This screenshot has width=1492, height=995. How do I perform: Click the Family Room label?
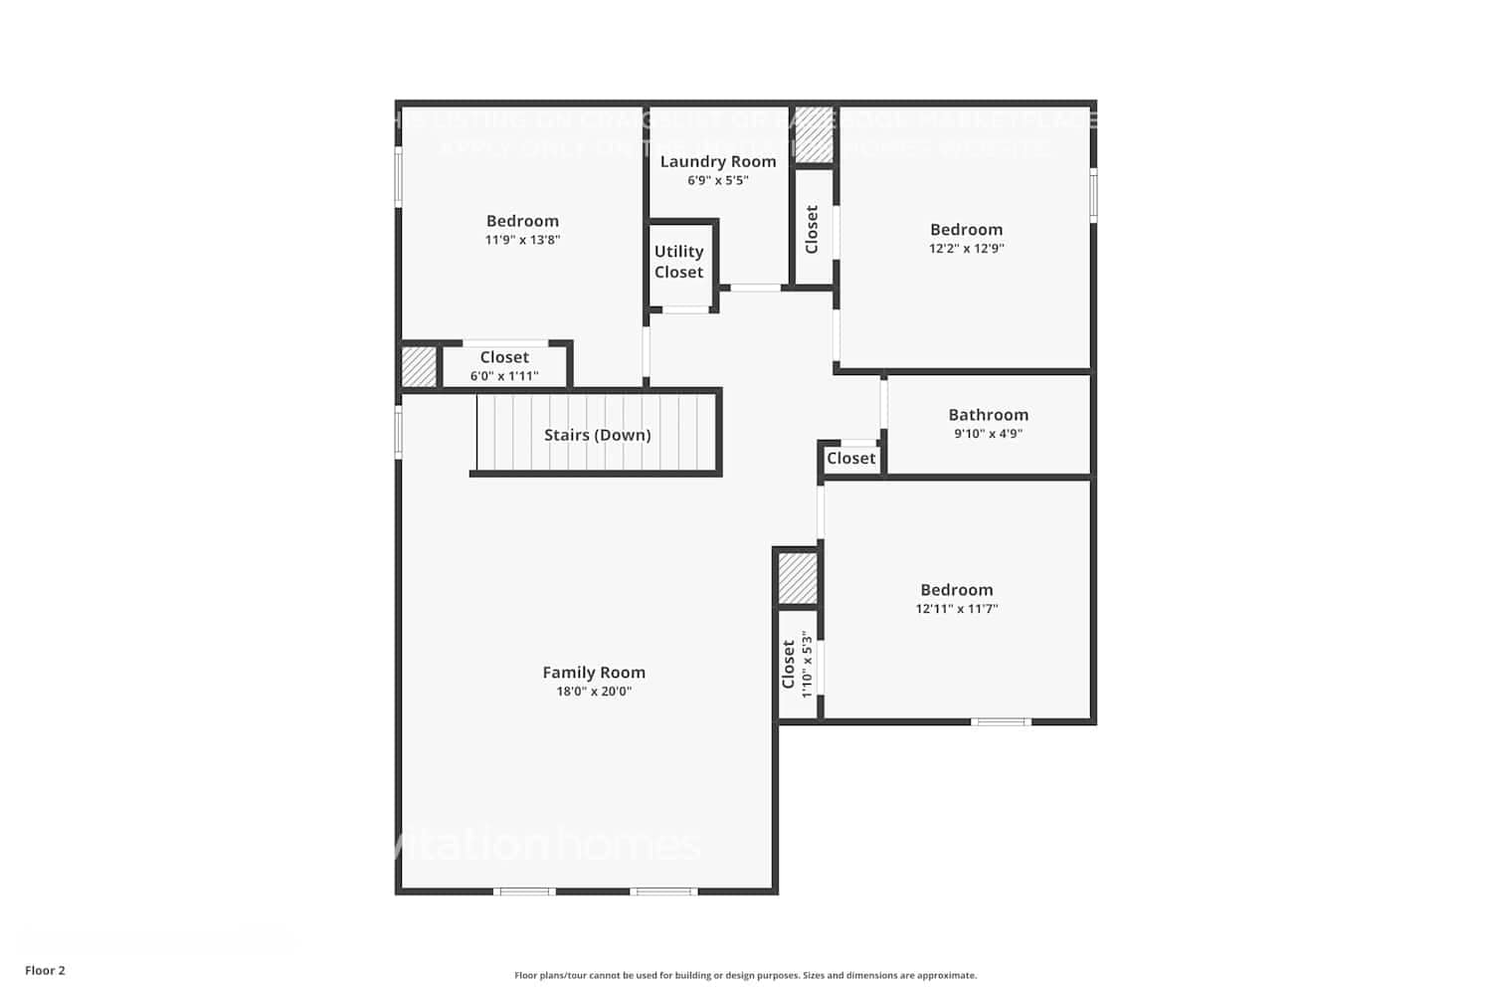pyautogui.click(x=594, y=673)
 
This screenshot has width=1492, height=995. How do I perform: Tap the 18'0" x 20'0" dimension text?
pyautogui.click(x=594, y=692)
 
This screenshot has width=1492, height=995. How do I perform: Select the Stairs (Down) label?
pyautogui.click(x=597, y=435)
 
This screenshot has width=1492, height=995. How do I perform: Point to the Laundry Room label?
pyautogui.click(x=718, y=161)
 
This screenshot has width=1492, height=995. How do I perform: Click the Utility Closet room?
pyautogui.click(x=679, y=263)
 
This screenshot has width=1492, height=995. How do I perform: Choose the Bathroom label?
pyautogui.click(x=988, y=415)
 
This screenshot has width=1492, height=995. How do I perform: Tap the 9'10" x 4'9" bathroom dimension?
pyautogui.click(x=988, y=434)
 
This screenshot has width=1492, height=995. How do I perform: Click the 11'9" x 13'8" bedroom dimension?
pyautogui.click(x=522, y=240)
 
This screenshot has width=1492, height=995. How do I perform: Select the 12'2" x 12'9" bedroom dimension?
pyautogui.click(x=966, y=249)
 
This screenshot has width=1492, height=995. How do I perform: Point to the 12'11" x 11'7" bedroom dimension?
pyautogui.click(x=956, y=609)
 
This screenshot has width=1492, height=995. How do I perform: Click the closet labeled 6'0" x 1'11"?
pyautogui.click(x=504, y=365)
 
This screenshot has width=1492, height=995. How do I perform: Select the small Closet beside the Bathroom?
pyautogui.click(x=851, y=459)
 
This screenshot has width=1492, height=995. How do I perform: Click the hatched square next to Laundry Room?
pyautogui.click(x=814, y=134)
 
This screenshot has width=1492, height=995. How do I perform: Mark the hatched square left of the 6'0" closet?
pyautogui.click(x=419, y=366)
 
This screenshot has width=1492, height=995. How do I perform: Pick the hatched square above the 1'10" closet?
pyautogui.click(x=797, y=578)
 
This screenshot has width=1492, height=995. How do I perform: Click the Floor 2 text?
pyautogui.click(x=45, y=970)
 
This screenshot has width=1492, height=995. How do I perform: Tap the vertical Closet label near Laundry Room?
pyautogui.click(x=812, y=229)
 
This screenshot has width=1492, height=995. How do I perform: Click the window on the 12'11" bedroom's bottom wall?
pyautogui.click(x=1001, y=721)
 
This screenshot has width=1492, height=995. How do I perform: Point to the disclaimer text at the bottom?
pyautogui.click(x=745, y=976)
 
